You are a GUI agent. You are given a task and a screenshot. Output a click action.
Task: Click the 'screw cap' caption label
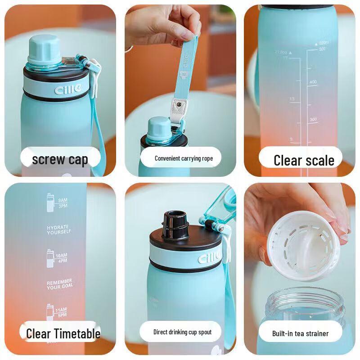[x=60, y=160]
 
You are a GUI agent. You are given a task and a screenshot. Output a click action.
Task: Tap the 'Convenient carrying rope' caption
[x=184, y=158]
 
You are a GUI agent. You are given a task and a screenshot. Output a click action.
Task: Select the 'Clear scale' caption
[x=304, y=160]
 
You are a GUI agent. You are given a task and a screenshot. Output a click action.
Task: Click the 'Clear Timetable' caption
[x=63, y=333]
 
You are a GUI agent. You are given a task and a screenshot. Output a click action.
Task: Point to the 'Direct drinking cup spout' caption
[x=182, y=332]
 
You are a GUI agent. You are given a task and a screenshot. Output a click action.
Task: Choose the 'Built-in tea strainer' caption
[x=300, y=333]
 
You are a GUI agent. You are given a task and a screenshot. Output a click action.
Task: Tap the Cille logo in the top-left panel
[x=68, y=90]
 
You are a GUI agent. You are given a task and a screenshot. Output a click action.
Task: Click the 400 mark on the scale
[x=313, y=82]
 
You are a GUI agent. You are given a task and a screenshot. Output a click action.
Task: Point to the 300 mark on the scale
[x=313, y=119]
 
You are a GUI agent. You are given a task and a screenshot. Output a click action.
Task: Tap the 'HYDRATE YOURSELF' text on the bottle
[x=58, y=229]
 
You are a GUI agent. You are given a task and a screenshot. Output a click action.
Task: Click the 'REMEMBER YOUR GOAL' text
[x=59, y=285]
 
